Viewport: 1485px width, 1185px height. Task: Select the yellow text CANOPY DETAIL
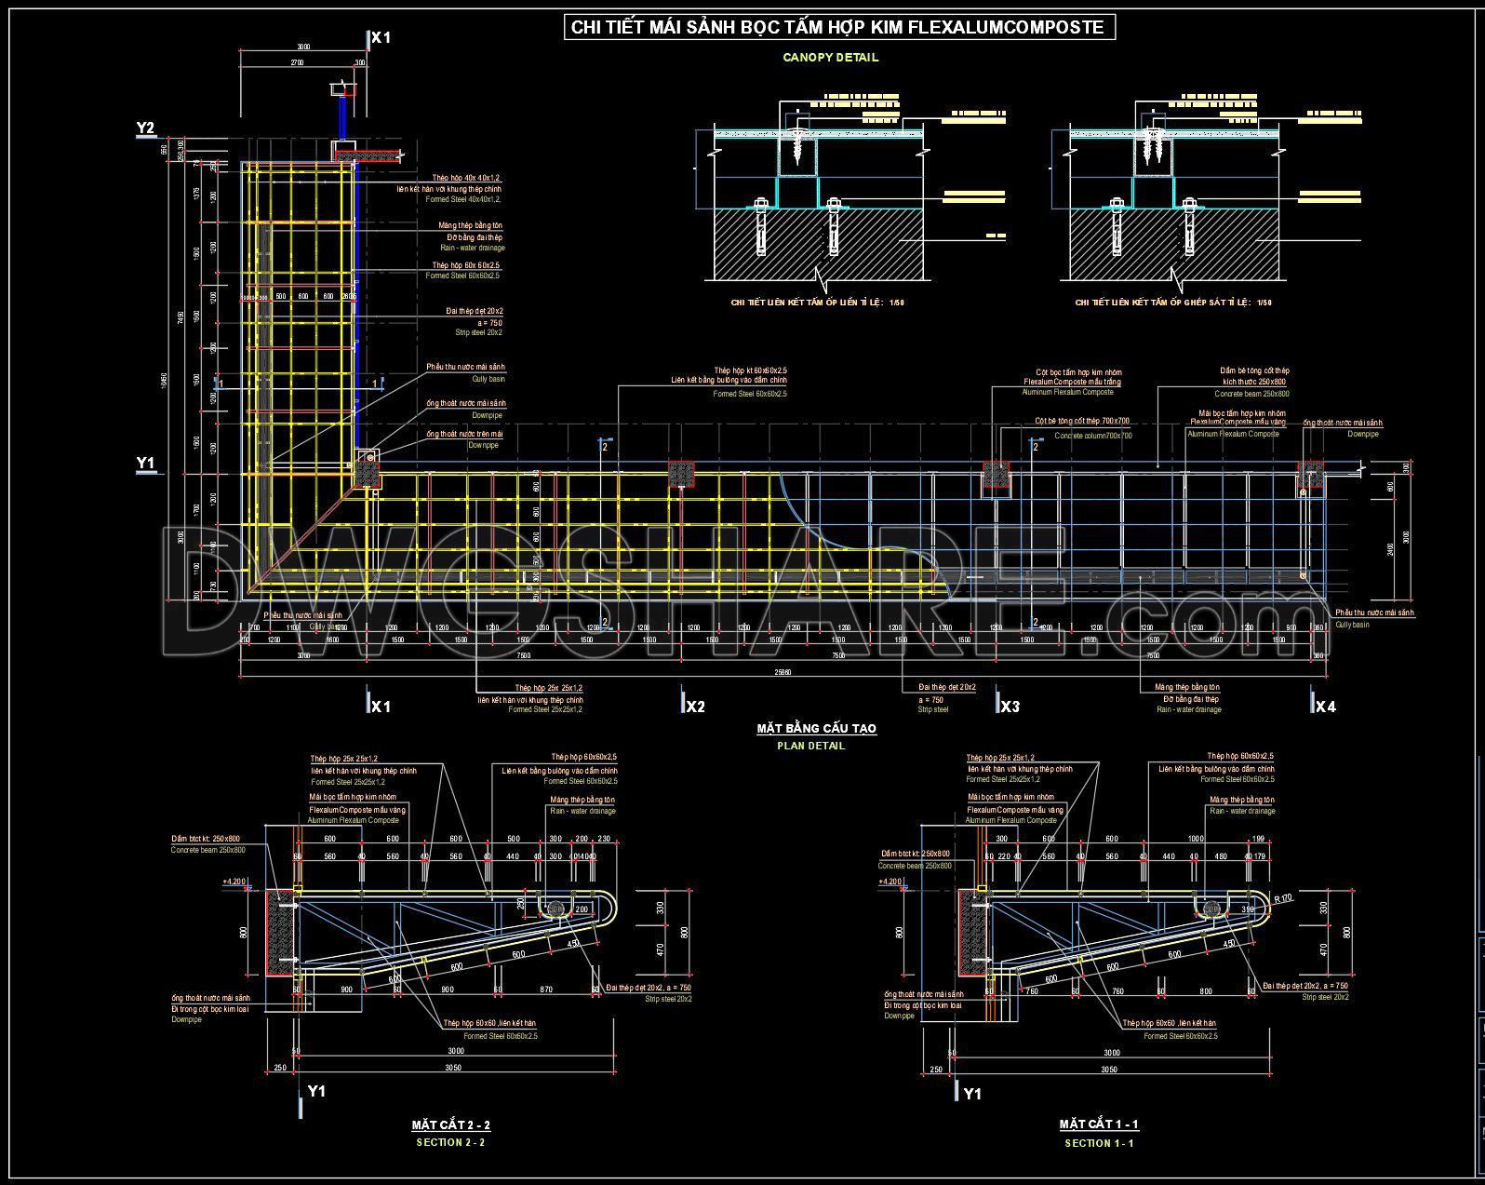coord(830,58)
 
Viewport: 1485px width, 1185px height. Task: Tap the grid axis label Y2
coord(145,128)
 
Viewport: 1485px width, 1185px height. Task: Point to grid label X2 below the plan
coord(694,707)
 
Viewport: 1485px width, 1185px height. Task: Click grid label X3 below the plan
coord(1009,707)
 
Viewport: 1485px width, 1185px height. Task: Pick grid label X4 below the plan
coord(1324,707)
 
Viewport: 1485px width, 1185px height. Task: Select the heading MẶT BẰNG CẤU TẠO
coord(816,729)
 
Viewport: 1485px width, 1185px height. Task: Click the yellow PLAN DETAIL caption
coord(811,746)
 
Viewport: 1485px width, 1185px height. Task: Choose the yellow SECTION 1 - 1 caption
coord(1099,1143)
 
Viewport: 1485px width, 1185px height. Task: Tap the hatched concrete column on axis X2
coord(682,473)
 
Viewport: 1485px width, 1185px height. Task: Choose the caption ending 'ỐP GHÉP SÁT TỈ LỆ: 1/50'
coord(1172,303)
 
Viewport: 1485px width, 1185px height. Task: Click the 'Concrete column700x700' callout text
coord(1093,436)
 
